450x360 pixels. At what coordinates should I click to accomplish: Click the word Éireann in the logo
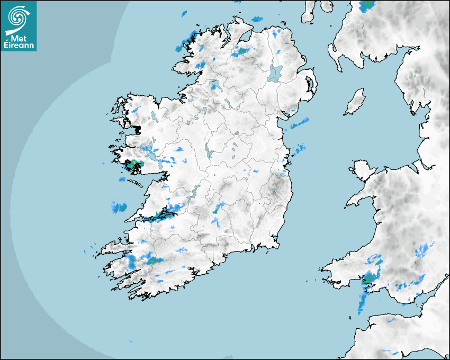point(19,46)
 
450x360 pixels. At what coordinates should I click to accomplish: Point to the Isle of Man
point(355,102)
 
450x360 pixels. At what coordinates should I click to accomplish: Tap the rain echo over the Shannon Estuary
point(164,214)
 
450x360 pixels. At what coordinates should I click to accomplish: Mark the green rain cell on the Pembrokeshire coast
point(368,278)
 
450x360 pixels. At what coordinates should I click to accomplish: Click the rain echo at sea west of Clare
point(119,208)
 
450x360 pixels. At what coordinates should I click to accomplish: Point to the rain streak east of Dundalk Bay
point(300,123)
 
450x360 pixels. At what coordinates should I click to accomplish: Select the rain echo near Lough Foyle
point(241,51)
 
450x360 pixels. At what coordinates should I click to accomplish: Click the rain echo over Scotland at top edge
point(366,6)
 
